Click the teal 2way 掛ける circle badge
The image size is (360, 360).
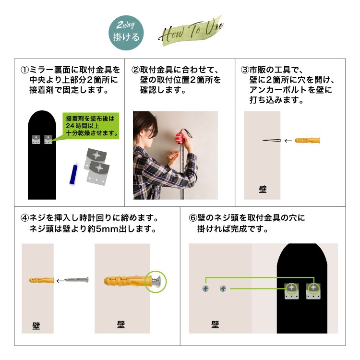(x=126, y=33)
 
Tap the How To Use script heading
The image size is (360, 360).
(x=191, y=31)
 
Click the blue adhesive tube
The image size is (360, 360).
(x=74, y=174)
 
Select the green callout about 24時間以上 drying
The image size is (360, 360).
(x=91, y=126)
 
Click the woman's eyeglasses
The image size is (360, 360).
(x=151, y=132)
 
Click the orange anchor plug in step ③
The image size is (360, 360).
(x=307, y=140)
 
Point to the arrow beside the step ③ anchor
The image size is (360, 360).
(x=288, y=141)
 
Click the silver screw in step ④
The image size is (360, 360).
(x=76, y=280)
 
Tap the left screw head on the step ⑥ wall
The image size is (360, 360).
(x=205, y=288)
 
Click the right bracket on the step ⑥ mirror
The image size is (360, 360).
(x=313, y=291)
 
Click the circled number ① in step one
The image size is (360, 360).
(x=24, y=70)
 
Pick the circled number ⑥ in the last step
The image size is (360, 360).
(x=193, y=217)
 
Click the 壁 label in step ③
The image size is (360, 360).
(x=263, y=190)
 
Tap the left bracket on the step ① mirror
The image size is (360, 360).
(x=36, y=139)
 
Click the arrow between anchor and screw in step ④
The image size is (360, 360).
(x=60, y=281)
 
